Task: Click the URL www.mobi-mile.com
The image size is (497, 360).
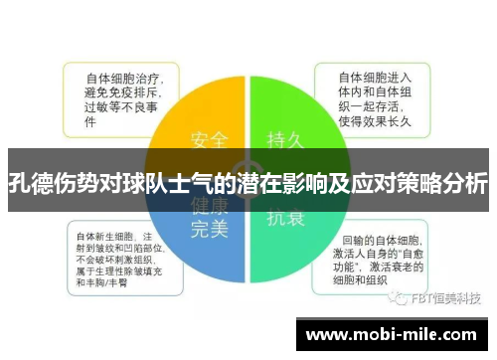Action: (x=398, y=335)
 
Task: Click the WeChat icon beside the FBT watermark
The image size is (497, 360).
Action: (x=397, y=297)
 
